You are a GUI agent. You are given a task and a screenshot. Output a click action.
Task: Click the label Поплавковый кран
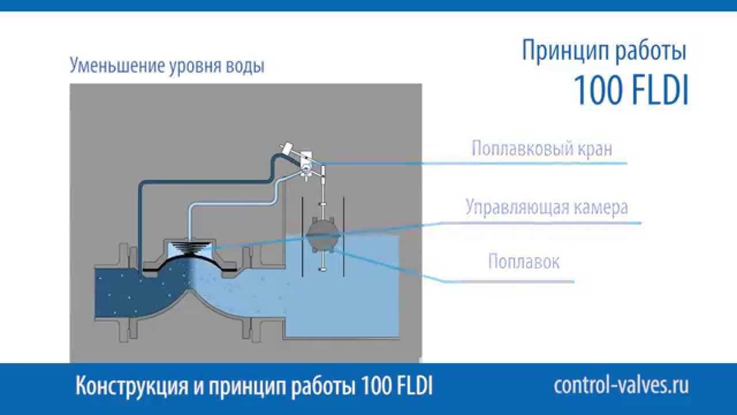542,148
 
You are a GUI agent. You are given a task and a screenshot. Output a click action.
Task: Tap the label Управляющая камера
546,207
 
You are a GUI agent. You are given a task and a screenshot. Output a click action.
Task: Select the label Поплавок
523,262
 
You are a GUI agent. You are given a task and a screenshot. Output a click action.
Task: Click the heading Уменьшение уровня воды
167,66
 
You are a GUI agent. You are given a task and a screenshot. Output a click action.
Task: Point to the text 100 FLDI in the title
631,91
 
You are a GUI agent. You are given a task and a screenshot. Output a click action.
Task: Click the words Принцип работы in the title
604,51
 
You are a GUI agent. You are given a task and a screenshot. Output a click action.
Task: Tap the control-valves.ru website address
621,386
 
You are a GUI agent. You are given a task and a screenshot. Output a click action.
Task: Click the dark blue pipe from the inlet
139,213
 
